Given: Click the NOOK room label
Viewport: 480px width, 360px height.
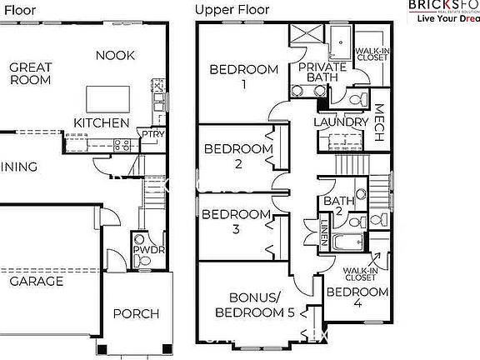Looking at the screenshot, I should pos(115,55).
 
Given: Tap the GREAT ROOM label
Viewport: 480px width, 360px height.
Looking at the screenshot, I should pos(31,73).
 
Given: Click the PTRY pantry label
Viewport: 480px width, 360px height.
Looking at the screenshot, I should pos(152,133).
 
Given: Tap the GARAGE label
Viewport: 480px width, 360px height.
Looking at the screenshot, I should pos(36,282).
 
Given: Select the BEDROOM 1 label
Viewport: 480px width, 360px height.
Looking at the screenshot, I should pos(243,76).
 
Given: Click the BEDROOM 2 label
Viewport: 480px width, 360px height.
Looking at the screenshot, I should pos(239,156).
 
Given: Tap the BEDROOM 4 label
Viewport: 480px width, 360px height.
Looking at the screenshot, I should pos(357,299).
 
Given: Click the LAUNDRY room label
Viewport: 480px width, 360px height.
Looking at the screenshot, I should pos(340,122).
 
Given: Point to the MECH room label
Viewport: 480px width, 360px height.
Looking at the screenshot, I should pos(377,122).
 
